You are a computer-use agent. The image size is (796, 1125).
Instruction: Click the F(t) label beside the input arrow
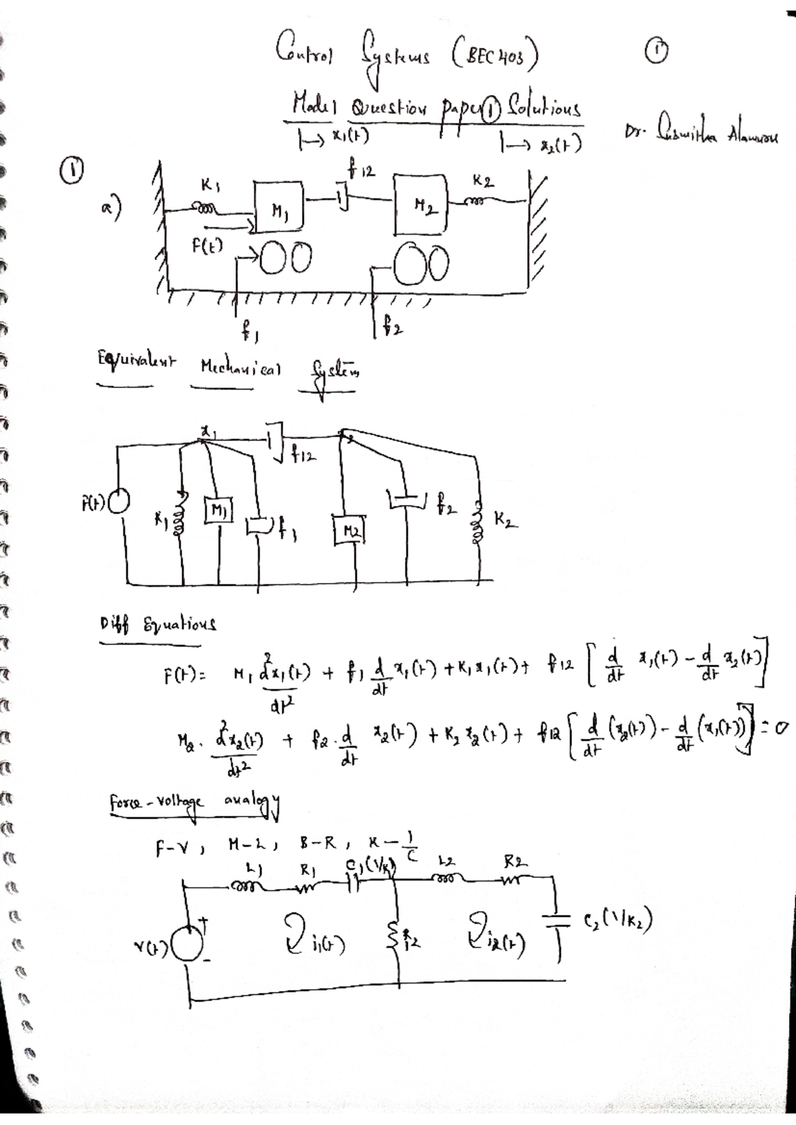click(x=208, y=246)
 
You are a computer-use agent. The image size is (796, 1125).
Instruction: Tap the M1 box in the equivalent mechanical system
click(x=218, y=510)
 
